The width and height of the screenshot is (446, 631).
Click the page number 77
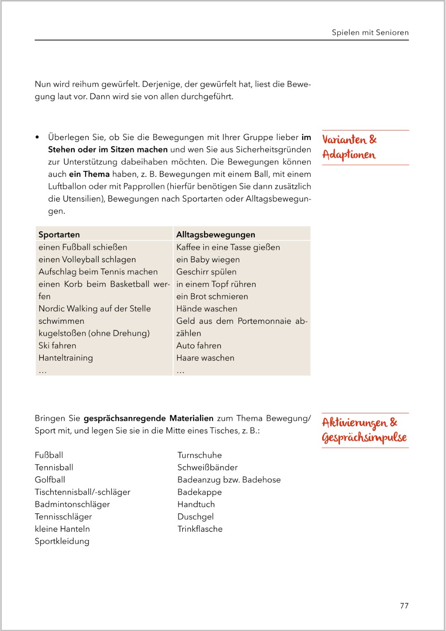(404, 606)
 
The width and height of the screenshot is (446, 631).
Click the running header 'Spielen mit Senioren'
(370, 33)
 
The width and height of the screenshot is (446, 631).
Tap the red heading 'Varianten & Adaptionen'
(349, 147)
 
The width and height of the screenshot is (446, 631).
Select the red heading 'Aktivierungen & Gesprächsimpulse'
(364, 430)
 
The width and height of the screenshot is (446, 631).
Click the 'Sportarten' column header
(59, 235)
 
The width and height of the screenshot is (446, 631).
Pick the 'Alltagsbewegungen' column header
(216, 235)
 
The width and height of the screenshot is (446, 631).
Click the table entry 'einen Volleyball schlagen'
(87, 259)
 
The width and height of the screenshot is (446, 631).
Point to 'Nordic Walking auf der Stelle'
(95, 308)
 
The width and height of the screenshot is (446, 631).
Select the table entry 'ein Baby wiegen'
(208, 259)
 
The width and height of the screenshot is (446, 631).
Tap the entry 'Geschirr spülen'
(206, 272)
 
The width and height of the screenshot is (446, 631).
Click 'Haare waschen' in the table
(205, 358)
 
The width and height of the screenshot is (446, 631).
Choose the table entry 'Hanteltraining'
(66, 358)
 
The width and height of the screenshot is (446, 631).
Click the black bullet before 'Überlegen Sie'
(38, 137)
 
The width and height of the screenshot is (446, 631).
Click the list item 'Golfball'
(50, 479)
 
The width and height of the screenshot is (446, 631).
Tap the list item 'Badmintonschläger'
(72, 504)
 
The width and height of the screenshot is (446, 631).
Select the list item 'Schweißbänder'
(207, 467)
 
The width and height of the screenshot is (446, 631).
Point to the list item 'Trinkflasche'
(200, 529)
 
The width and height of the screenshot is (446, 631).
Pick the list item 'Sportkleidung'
(62, 541)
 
